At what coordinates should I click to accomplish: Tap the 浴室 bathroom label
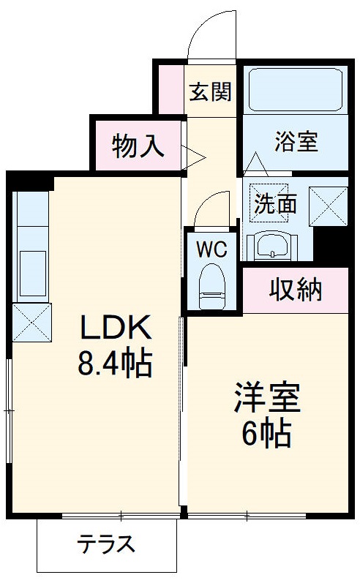tap(296, 141)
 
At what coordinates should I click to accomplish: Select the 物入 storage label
tap(138, 147)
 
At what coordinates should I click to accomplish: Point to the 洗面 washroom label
tap(275, 204)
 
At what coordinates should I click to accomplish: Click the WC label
tap(211, 248)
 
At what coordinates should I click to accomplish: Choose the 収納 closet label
tap(296, 290)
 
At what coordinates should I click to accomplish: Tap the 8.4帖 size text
tap(116, 364)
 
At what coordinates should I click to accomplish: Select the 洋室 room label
tap(266, 399)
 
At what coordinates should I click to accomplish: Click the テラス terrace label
tap(107, 545)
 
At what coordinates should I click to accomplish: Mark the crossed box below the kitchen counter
tap(31, 322)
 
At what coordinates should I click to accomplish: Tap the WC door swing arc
tap(212, 208)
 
